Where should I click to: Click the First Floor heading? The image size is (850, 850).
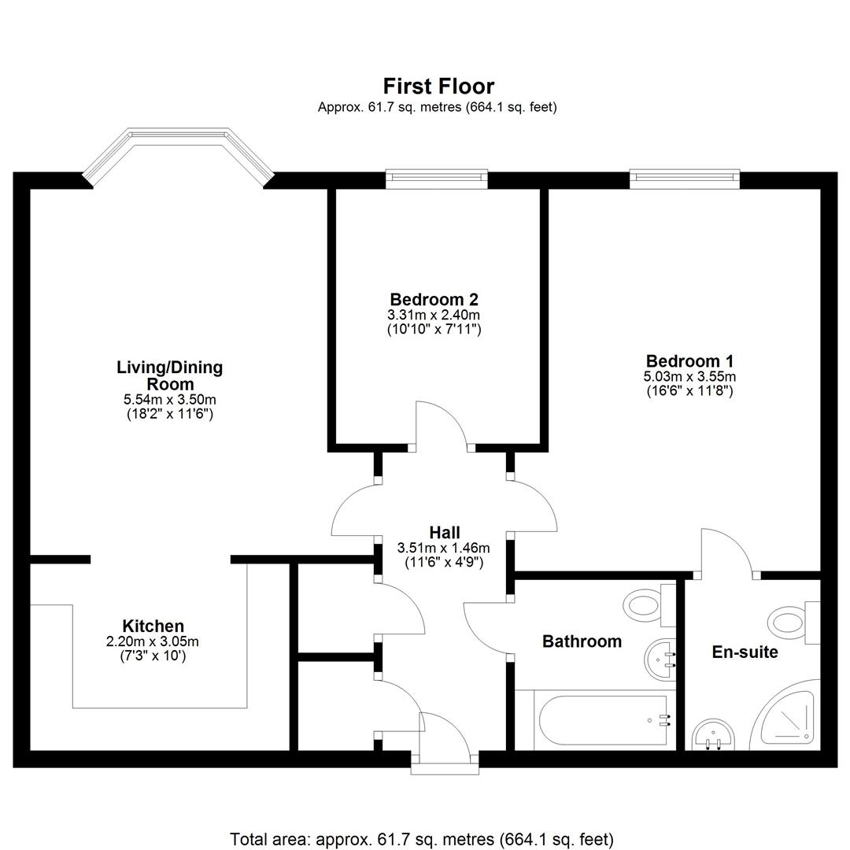tap(438, 87)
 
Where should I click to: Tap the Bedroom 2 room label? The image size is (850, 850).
tap(434, 299)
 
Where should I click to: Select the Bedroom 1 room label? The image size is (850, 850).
tap(689, 361)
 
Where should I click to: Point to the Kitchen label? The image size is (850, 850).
tap(153, 626)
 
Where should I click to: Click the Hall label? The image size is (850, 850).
tap(445, 532)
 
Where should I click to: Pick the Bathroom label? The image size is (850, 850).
tap(582, 641)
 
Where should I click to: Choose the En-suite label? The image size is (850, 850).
tap(745, 652)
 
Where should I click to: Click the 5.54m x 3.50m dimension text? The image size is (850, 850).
tap(170, 400)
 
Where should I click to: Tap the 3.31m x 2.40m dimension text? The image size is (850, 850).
tap(434, 315)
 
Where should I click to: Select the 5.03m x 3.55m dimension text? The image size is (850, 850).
tap(689, 376)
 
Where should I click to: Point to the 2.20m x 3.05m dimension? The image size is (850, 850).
tap(153, 642)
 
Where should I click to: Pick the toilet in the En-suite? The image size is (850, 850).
tap(795, 623)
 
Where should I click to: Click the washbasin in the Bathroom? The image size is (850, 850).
tap(660, 660)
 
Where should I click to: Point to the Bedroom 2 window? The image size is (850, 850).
tap(436, 179)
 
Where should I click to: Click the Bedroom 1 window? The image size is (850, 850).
tap(685, 179)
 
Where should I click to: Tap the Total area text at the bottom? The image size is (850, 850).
tap(422, 839)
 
